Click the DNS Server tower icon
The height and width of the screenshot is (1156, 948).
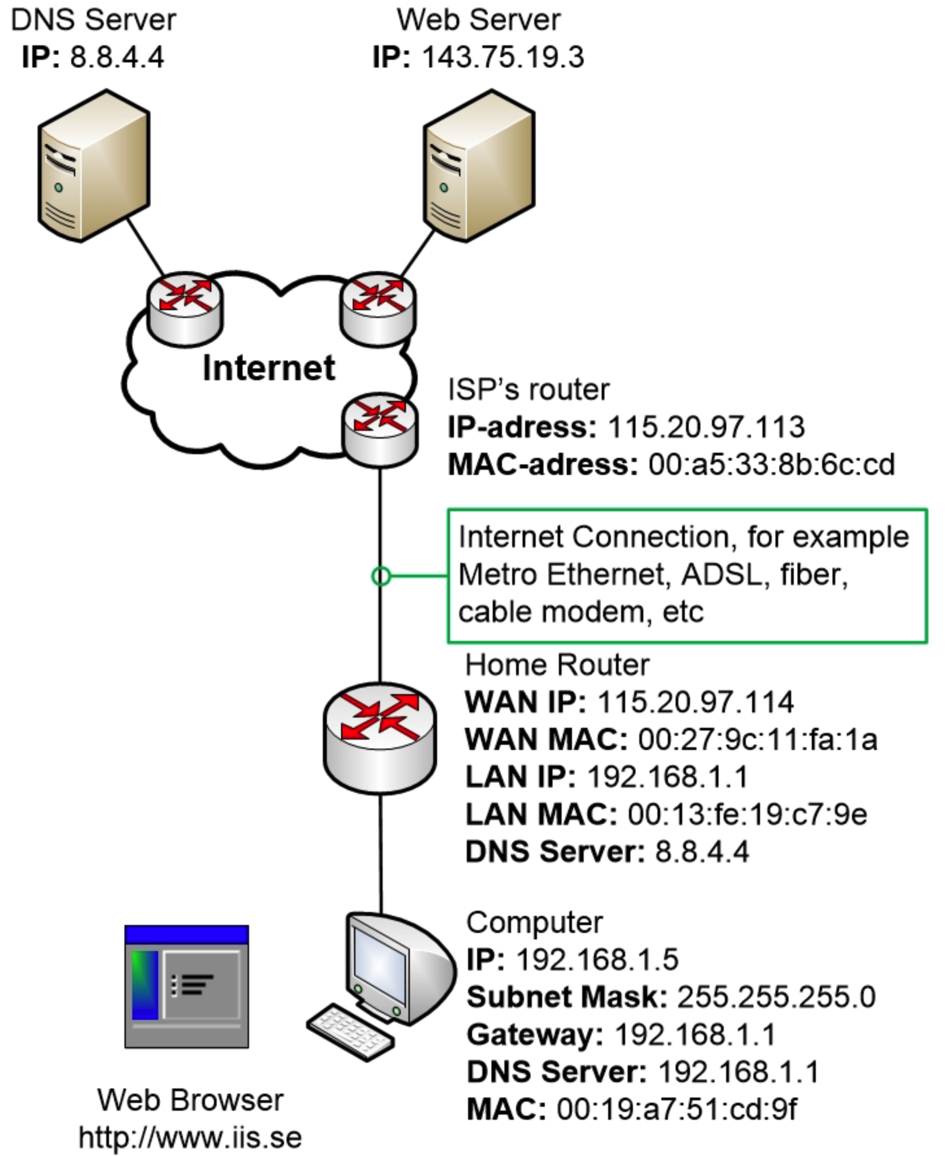point(94,165)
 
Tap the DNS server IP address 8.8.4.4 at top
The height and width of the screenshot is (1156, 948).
point(117,57)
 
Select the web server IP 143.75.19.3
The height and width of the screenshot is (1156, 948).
point(503,57)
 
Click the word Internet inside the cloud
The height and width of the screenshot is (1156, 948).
point(268,368)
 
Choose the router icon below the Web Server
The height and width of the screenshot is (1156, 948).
point(377,307)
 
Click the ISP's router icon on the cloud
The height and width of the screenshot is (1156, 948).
point(380,428)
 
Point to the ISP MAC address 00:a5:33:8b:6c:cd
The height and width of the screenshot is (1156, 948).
point(772,464)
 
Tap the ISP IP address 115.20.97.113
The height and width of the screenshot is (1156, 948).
point(706,427)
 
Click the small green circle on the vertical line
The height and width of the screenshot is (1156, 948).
point(381,575)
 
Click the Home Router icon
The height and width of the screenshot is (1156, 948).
point(380,736)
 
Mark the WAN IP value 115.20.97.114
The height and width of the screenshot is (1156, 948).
point(695,702)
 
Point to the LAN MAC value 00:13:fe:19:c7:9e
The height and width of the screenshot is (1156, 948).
point(747,814)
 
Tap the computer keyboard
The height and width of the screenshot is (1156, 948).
point(350,1031)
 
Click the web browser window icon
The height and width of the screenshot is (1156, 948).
point(187,986)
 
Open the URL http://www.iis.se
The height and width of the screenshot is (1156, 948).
point(190,1137)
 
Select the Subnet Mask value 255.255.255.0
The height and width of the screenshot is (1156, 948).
point(776,997)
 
